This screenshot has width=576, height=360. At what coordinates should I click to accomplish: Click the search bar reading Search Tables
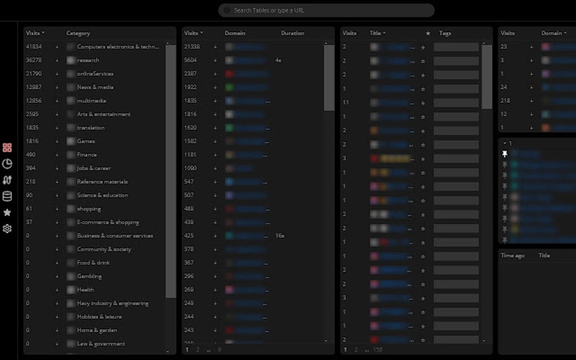click(x=326, y=10)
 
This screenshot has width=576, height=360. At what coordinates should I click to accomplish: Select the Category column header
click(x=78, y=33)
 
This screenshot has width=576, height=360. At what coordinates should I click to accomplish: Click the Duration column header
click(x=293, y=33)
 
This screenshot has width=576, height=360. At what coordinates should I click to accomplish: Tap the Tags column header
click(x=445, y=33)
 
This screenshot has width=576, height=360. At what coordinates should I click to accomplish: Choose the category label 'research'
click(x=88, y=60)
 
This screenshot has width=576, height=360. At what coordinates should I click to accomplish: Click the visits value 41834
click(x=34, y=47)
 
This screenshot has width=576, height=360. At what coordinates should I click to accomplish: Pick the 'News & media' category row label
click(x=95, y=87)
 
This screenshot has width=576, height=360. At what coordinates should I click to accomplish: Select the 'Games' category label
click(x=86, y=141)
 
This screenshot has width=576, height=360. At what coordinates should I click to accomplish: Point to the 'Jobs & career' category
click(x=94, y=168)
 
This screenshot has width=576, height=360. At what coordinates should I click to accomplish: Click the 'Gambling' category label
click(x=89, y=276)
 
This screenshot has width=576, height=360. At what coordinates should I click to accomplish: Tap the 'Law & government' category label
click(x=101, y=344)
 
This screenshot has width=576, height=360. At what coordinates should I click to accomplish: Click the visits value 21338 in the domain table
click(x=192, y=47)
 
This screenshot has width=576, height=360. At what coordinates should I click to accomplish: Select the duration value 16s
click(x=280, y=236)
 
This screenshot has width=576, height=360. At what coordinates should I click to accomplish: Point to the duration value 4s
click(x=278, y=60)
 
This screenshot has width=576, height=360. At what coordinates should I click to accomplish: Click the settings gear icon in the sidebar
click(x=7, y=229)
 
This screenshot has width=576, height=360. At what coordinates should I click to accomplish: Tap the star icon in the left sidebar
click(x=7, y=213)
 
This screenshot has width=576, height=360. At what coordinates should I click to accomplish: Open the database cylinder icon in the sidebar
click(x=7, y=196)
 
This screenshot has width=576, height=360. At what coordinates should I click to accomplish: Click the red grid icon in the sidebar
click(x=7, y=148)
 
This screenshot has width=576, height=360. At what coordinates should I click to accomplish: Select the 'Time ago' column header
click(x=512, y=256)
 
